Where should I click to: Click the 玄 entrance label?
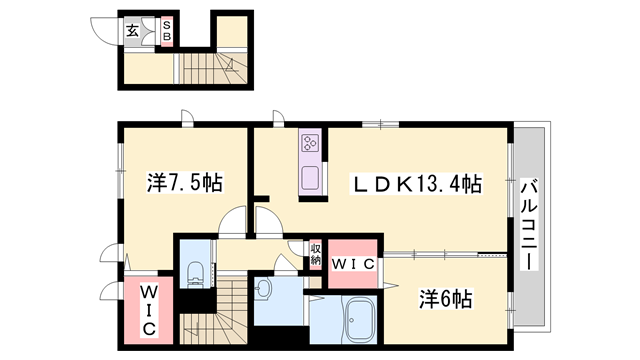point(132,29)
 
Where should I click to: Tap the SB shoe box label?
point(167,30)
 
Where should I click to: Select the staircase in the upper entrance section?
point(216,67)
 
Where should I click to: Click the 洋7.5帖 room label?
point(185,183)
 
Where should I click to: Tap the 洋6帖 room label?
point(446,298)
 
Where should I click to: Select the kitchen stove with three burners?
point(309,145)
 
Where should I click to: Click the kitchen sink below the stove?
point(309,181)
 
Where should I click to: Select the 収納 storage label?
point(315,254)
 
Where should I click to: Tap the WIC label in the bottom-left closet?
point(147,310)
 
